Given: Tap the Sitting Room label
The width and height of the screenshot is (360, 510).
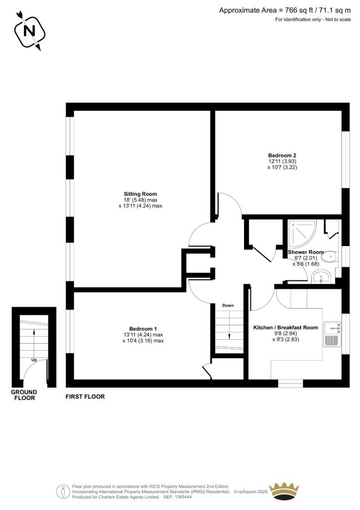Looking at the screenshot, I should click(140, 194).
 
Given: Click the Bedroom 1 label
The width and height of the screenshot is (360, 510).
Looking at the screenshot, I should click(143, 329).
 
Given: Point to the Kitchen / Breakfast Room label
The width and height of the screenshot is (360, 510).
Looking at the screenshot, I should click(285, 327).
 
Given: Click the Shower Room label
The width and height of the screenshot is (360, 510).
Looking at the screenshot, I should click(306, 252).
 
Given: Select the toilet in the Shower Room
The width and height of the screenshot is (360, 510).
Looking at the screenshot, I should click(329, 256).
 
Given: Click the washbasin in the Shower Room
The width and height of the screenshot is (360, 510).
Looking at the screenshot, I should click(323, 277).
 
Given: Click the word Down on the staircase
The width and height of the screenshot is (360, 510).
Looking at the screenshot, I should click(228, 305).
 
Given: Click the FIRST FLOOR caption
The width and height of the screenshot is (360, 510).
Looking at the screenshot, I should click(85, 397).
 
